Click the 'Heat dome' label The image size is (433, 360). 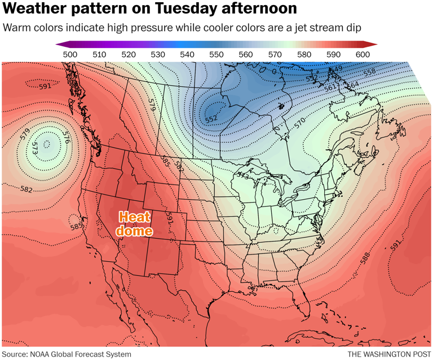(x=134, y=223)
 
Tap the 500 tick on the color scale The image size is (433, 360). (x=70, y=54)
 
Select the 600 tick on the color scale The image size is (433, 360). (x=363, y=54)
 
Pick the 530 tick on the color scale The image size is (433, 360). (x=158, y=54)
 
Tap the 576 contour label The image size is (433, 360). (x=67, y=137)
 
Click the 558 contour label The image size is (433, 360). (x=369, y=72)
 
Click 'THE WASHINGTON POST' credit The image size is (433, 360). (x=387, y=354)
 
